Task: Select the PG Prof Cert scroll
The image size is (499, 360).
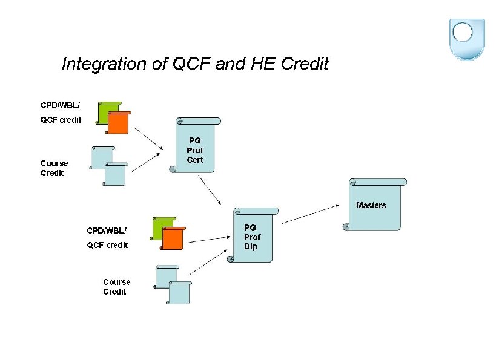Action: (195, 146)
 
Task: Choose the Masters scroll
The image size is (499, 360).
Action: (375, 205)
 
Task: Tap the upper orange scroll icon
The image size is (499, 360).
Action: (119, 123)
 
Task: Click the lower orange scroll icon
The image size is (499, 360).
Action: (173, 238)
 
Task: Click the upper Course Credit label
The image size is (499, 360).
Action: (55, 168)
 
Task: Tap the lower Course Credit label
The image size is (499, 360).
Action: (116, 287)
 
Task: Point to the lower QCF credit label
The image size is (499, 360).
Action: (107, 245)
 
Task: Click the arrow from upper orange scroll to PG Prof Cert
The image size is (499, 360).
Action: (148, 138)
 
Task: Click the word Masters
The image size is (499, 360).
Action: (371, 205)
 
